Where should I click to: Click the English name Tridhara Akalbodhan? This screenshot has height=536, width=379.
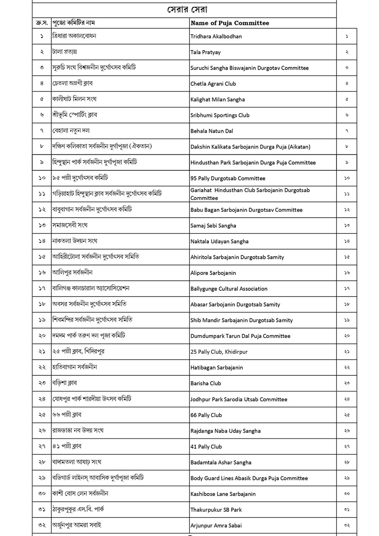point(216,37)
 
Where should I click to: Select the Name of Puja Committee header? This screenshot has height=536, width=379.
point(230,23)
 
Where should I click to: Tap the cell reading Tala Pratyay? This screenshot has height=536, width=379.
point(206,52)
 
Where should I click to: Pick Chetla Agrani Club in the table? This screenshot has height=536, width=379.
point(213,84)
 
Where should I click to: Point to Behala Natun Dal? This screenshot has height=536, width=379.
point(211,131)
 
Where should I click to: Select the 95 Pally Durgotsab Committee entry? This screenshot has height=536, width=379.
point(228,178)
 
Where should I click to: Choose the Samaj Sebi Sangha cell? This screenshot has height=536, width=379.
point(213,226)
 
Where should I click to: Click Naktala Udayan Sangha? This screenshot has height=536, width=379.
point(219,241)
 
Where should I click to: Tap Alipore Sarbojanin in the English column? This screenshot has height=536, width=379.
point(213,273)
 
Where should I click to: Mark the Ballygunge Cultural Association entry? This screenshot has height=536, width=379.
point(229,289)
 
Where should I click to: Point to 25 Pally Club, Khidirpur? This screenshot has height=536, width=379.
point(219,352)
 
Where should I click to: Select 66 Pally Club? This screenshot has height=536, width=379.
point(206,415)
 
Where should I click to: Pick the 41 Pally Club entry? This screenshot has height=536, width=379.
point(206,447)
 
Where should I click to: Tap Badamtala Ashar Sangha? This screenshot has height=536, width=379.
point(221,462)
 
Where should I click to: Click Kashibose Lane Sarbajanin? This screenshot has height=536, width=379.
point(223,494)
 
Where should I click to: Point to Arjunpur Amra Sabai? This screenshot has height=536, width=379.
point(216,525)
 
